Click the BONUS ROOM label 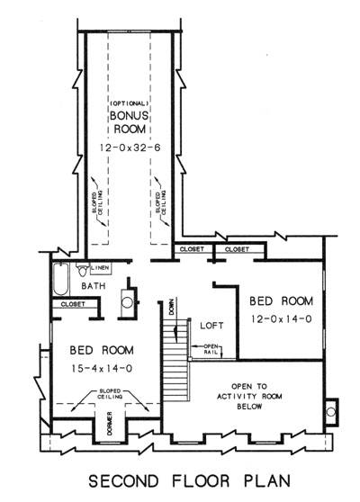[130, 122]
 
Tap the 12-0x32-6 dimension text [130, 148]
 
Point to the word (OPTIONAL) [129, 103]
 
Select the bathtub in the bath [61, 279]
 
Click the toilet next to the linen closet [83, 269]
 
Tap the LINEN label [100, 267]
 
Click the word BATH [94, 285]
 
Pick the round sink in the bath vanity [128, 302]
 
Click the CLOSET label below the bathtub [73, 304]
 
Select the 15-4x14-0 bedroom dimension [102, 369]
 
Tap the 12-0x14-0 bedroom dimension [281, 319]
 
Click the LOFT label [211, 326]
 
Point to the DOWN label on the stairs [172, 307]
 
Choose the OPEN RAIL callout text [211, 349]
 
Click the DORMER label [110, 423]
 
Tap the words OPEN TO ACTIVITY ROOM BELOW [249, 397]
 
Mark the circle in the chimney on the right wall [331, 412]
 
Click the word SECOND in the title [123, 481]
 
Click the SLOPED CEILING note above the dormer [110, 394]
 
